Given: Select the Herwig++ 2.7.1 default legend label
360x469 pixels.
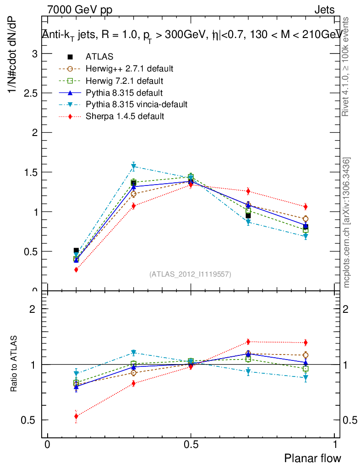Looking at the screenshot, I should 129,69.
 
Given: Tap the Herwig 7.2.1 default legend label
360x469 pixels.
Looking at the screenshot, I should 124,81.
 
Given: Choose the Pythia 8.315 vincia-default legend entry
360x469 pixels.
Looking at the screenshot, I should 136,104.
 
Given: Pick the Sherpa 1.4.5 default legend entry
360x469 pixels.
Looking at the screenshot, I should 125,116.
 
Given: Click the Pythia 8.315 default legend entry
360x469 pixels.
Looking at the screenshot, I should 124,93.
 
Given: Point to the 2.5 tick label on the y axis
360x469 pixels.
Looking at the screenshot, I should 29,93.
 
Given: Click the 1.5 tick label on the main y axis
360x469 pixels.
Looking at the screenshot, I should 29,172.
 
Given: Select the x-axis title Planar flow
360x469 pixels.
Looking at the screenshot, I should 313,458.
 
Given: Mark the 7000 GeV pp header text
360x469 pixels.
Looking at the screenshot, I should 80,10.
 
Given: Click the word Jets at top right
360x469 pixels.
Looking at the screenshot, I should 324,10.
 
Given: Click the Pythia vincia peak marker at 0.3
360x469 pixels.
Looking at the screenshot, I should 133,167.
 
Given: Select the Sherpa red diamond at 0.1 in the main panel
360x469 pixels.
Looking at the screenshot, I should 76,270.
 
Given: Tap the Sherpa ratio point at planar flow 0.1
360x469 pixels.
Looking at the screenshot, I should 76,416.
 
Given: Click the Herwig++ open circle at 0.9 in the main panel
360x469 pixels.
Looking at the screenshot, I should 305,219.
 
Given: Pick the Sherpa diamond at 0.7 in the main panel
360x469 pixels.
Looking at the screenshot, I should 248,191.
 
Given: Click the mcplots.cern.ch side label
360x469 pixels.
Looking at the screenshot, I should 347,223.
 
